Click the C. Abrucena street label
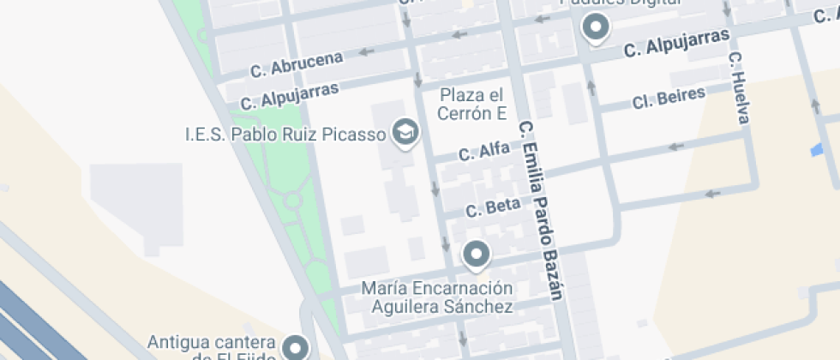[297, 63]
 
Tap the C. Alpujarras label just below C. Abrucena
[290, 95]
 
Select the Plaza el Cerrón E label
[472, 104]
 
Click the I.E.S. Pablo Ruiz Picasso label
[286, 134]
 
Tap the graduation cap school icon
[405, 132]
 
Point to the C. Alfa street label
[484, 153]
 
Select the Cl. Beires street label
[669, 98]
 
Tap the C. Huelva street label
[739, 87]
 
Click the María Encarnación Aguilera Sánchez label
[437, 297]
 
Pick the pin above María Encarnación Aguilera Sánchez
[476, 255]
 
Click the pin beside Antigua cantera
[297, 347]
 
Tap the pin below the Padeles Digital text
[595, 28]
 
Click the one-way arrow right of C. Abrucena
[367, 51]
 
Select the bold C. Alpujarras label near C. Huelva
[676, 44]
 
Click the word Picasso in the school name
[354, 134]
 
